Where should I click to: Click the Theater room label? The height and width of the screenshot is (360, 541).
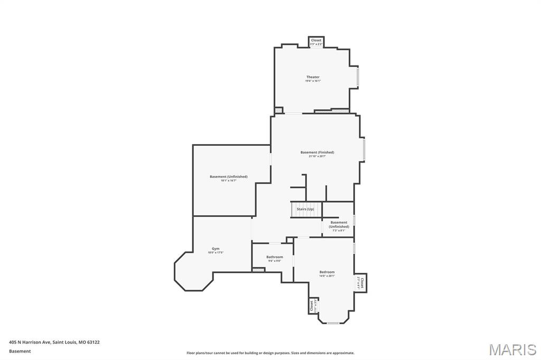click(313, 77)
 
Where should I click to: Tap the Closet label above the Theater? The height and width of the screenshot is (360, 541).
click(316, 40)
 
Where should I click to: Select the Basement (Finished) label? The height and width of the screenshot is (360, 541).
click(317, 153)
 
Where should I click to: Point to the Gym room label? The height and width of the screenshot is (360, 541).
click(216, 249)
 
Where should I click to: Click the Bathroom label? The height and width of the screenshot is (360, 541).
click(274, 257)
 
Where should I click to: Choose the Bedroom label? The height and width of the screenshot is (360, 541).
click(327, 272)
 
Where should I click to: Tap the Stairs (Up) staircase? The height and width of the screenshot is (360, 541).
click(306, 210)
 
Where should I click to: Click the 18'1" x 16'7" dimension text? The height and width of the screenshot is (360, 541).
click(228, 181)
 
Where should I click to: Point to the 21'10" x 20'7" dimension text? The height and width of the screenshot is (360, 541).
click(317, 156)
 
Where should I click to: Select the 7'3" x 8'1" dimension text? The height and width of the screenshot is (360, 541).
click(339, 230)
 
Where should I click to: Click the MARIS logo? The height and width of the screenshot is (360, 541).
click(512, 349)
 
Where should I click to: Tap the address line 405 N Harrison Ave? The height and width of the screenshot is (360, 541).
click(54, 342)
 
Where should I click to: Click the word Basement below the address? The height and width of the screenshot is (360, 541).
click(20, 351)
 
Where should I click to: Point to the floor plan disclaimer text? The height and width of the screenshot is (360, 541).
click(270, 353)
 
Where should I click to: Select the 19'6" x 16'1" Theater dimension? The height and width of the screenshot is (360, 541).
click(313, 81)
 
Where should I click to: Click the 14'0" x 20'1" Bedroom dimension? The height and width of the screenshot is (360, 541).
click(327, 276)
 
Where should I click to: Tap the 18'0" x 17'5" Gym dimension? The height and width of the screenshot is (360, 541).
click(216, 252)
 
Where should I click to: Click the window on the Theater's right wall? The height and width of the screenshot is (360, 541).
click(358, 77)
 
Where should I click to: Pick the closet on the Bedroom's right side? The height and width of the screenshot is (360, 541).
click(361, 282)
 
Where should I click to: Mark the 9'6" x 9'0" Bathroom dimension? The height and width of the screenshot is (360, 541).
click(274, 261)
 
